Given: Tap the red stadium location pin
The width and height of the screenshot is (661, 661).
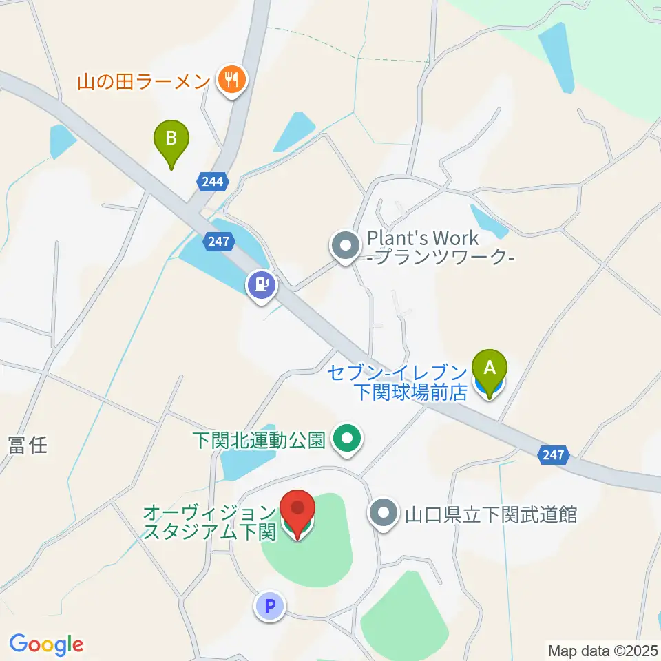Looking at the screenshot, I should click(x=297, y=510).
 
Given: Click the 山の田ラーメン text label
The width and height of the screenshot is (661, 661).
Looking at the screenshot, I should click(x=143, y=83).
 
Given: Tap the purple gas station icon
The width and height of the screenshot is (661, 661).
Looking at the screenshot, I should click(x=261, y=284).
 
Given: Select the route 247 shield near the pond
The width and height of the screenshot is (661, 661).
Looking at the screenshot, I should click(x=219, y=241).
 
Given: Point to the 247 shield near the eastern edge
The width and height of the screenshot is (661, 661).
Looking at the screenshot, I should click(x=554, y=454).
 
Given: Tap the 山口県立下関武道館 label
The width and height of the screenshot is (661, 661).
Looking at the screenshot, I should click(x=490, y=514).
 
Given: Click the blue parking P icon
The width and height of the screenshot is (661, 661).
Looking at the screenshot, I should click(x=269, y=606).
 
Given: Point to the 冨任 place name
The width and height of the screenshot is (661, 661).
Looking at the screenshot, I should click(x=28, y=445).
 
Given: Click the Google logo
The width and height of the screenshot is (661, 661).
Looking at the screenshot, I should click(x=46, y=644).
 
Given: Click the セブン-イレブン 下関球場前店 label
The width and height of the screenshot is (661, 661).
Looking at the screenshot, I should click(x=397, y=382).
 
